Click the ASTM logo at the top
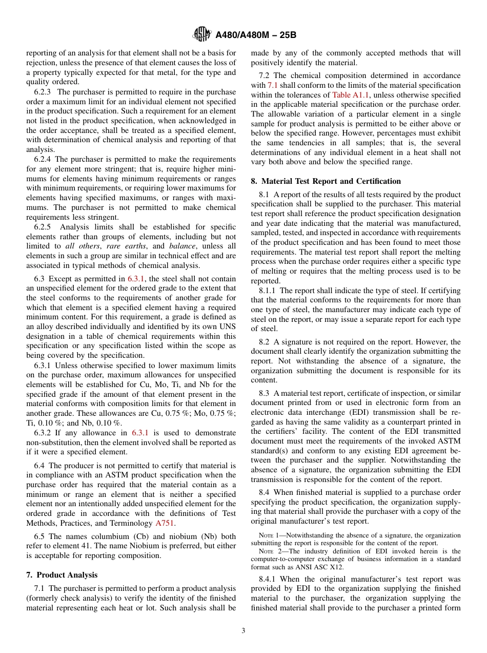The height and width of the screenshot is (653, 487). pos(201,34)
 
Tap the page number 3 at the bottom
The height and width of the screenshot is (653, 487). pos(243,631)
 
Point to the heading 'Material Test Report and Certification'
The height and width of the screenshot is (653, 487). pos(331,181)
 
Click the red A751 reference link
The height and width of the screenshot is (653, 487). pos(165,523)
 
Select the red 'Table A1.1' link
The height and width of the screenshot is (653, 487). pos(349,95)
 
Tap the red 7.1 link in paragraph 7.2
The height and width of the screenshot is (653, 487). pos(273,85)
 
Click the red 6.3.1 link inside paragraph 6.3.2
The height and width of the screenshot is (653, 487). pos(140,433)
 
